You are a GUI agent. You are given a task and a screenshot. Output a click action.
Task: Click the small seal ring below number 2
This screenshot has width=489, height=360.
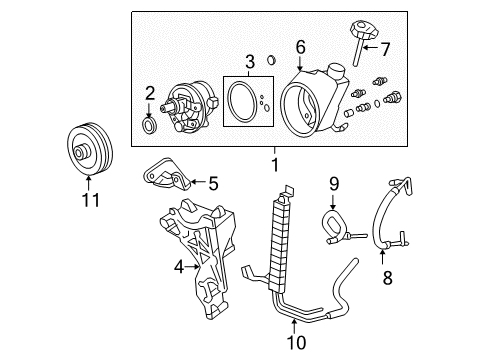(x=149, y=126)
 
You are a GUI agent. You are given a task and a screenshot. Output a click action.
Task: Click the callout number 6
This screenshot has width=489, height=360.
(x=300, y=47)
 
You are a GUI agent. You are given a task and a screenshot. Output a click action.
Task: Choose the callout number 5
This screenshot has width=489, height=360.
(x=212, y=182)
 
